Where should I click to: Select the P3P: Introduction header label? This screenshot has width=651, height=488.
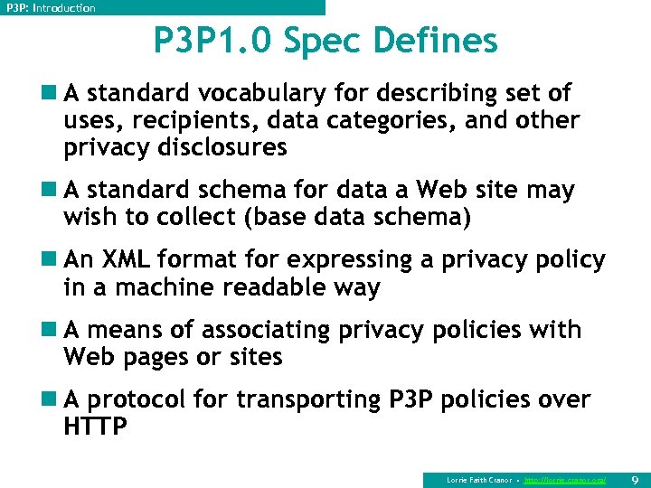(x=51, y=7)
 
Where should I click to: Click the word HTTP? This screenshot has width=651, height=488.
(x=95, y=427)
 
